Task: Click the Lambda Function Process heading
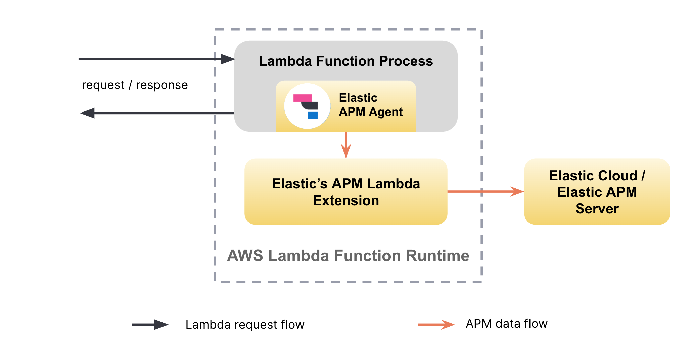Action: (x=345, y=61)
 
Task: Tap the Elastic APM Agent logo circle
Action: (x=307, y=106)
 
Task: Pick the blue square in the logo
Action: (x=313, y=115)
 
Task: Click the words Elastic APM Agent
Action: (x=370, y=105)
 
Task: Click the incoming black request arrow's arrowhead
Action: (x=228, y=59)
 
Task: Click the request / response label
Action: (x=135, y=85)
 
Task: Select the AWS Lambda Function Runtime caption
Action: (x=348, y=256)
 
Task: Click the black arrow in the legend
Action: (x=150, y=324)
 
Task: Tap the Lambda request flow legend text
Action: (x=245, y=325)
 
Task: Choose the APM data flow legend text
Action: (x=506, y=324)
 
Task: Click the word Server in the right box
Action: (x=597, y=209)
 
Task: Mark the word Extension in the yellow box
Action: (x=345, y=201)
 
